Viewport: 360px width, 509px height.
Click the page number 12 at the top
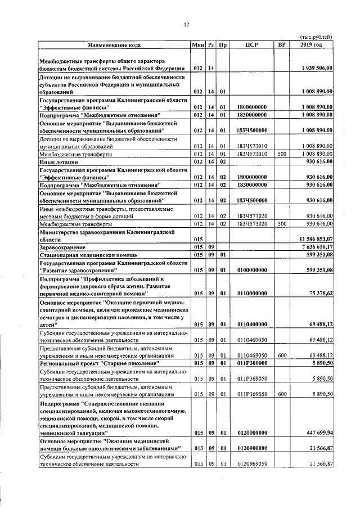[x=186, y=24]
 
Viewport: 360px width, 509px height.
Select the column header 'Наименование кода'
[x=114, y=44]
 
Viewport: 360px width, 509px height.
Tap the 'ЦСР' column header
[x=251, y=44]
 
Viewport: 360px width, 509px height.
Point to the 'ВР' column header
[x=282, y=44]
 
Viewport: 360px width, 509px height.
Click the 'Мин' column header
[x=197, y=44]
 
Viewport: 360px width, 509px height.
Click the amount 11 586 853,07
[x=316, y=239]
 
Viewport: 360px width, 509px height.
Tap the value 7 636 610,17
[x=317, y=247]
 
